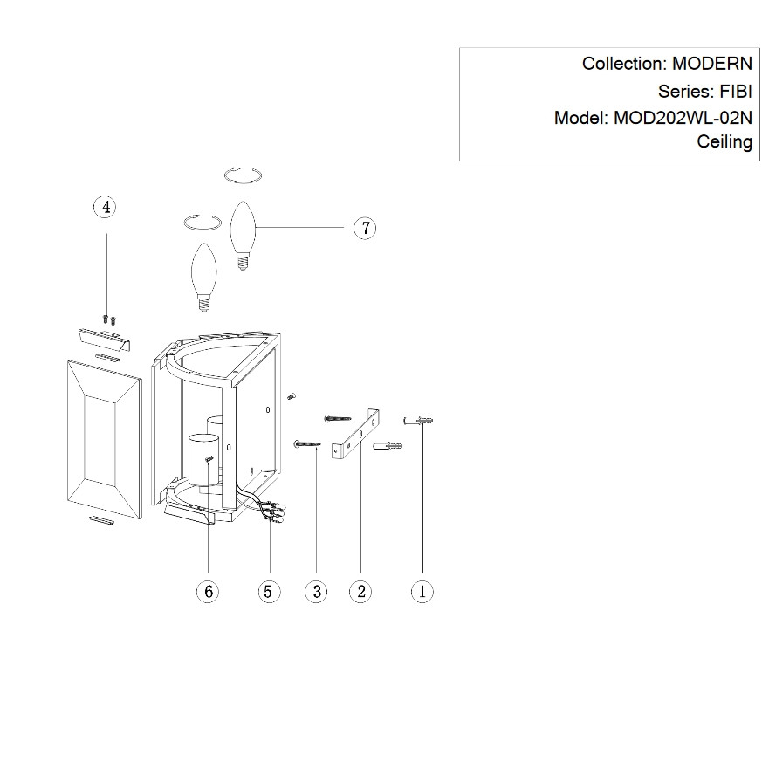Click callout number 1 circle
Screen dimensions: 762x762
coord(422,591)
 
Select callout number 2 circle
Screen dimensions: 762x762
coord(360,591)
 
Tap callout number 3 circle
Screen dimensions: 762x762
coord(315,591)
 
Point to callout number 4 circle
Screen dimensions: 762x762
coord(105,207)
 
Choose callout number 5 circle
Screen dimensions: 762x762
coord(268,591)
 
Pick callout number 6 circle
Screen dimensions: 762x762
coord(208,591)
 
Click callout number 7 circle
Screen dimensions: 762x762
coord(365,228)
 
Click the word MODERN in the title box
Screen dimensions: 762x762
coord(712,64)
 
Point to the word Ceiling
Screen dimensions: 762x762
coord(724,142)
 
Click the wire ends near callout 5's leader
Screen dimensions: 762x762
coord(275,511)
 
